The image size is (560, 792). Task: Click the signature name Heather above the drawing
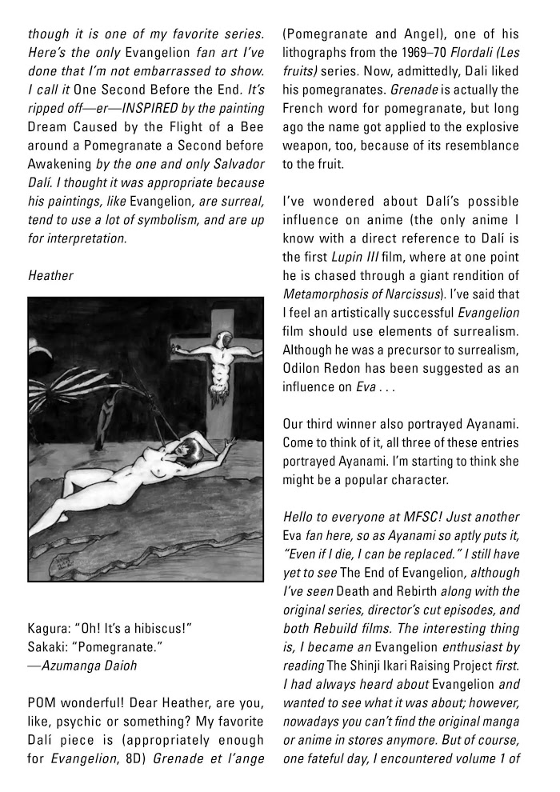click(50, 275)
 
